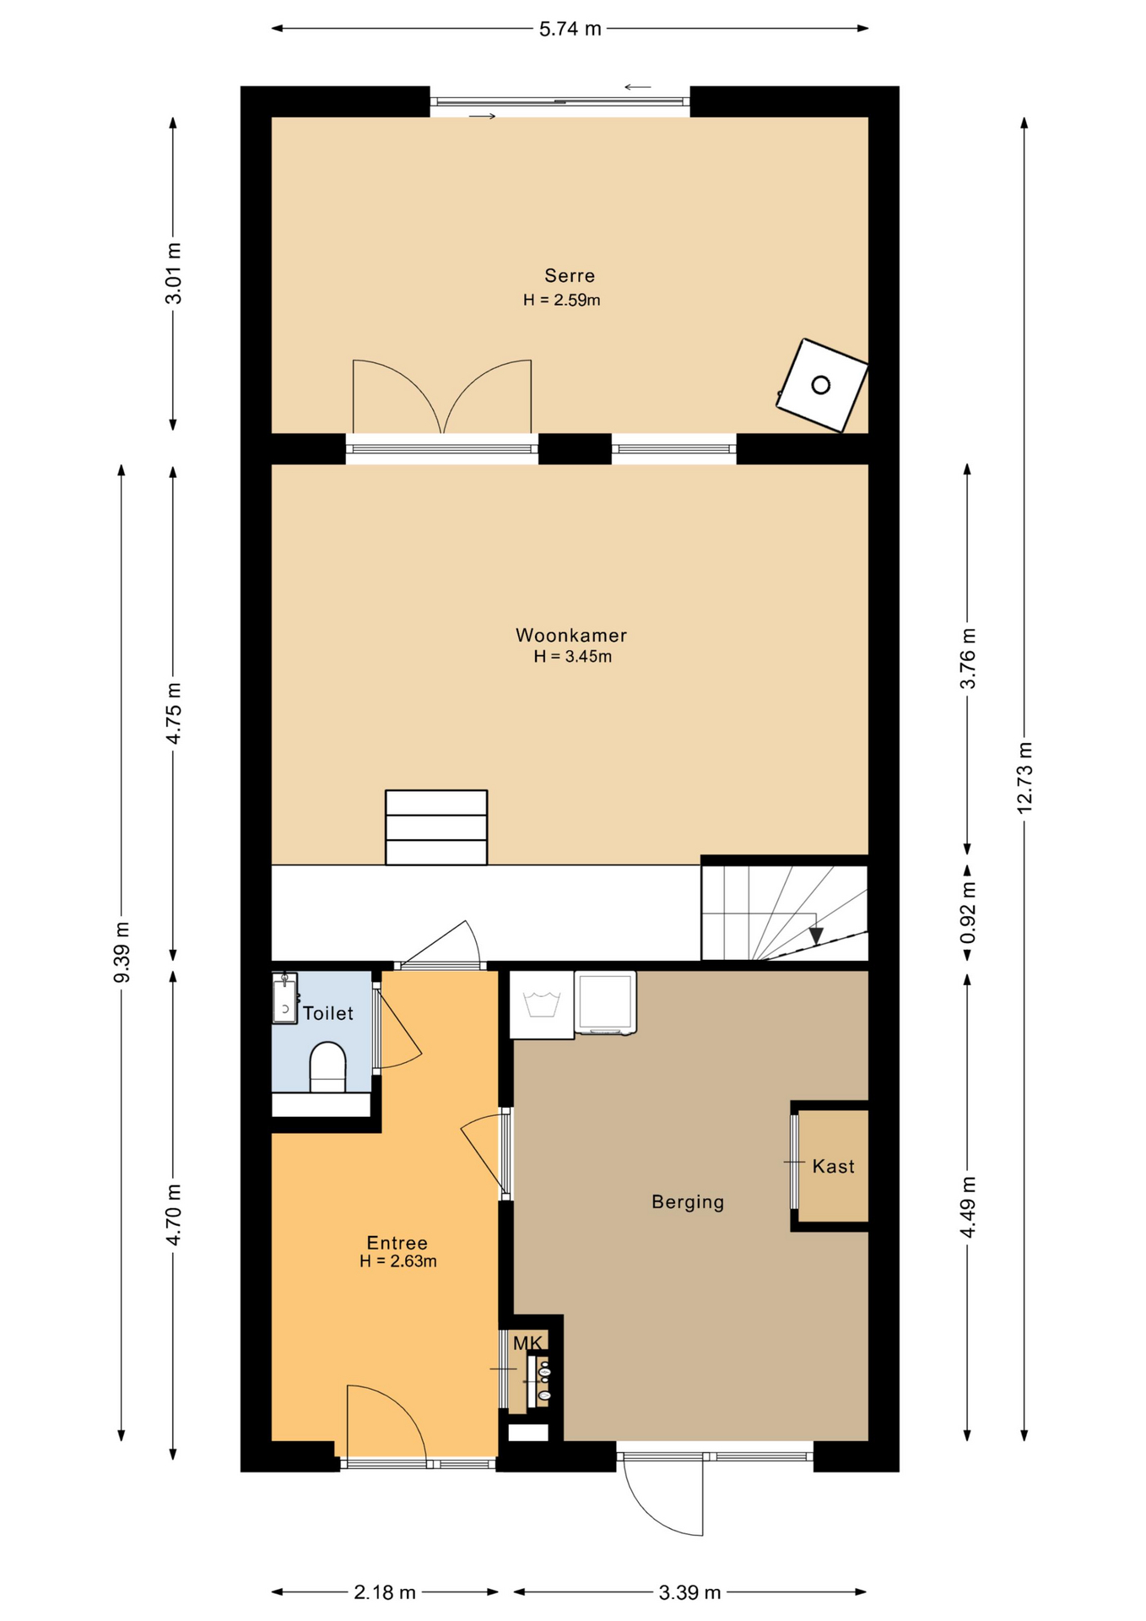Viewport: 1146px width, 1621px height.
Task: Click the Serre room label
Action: click(570, 276)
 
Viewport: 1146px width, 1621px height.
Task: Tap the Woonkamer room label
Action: click(571, 636)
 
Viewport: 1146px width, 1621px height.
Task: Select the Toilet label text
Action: click(328, 1014)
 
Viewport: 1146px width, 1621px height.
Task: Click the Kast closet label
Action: click(833, 1167)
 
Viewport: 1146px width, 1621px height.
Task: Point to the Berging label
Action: click(688, 1202)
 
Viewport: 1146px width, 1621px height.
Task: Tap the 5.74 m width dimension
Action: click(570, 29)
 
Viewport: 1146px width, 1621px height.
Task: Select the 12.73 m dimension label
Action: click(1024, 778)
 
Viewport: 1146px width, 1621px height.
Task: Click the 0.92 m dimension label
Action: click(968, 913)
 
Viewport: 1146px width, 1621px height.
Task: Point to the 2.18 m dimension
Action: click(385, 1592)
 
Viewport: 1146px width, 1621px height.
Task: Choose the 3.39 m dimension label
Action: click(689, 1592)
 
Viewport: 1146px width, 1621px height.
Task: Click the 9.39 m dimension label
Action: click(122, 952)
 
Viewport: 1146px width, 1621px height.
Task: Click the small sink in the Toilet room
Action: click(285, 1000)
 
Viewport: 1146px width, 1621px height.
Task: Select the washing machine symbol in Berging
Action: click(542, 1005)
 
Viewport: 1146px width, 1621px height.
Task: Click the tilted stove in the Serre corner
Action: click(822, 386)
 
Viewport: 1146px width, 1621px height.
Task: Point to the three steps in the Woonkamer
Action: click(436, 827)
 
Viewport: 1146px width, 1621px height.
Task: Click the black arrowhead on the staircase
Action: click(816, 935)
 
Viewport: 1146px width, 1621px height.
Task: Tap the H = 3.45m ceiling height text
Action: click(572, 657)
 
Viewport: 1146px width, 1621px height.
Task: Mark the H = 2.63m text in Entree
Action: click(397, 1262)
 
